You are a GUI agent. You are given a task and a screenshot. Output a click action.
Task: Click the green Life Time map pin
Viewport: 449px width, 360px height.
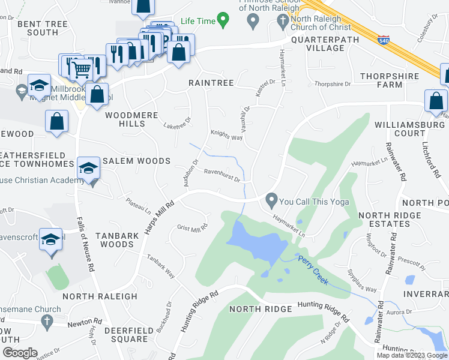223,21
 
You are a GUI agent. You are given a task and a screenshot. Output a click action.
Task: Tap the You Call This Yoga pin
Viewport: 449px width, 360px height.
272,200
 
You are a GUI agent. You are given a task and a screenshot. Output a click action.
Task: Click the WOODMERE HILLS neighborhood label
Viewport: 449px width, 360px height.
125,119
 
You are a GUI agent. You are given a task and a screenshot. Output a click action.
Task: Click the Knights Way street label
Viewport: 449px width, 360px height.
226,136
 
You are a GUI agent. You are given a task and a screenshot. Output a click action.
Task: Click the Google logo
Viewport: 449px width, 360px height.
20,352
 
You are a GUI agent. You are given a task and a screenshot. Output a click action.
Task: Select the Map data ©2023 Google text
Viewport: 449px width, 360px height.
412,355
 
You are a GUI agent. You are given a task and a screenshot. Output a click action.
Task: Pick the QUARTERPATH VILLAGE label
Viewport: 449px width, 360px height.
325,44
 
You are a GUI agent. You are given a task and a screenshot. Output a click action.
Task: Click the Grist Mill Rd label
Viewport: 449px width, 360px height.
192,227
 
